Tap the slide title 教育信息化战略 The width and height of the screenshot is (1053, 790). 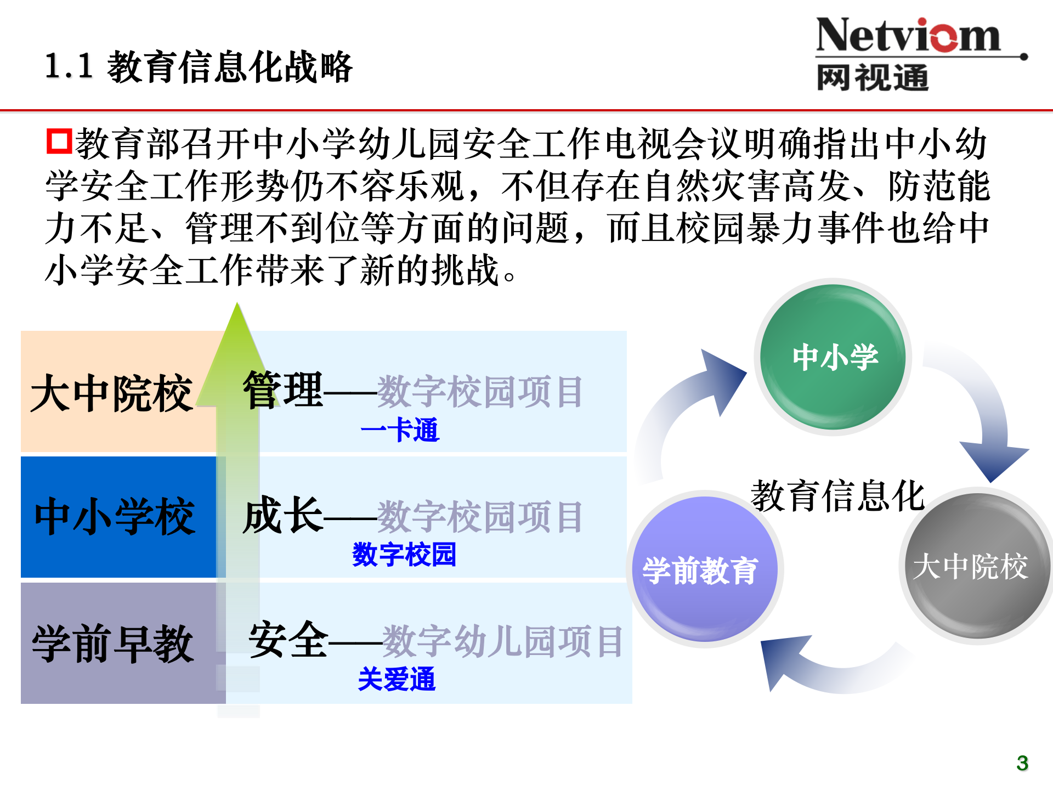tap(229, 67)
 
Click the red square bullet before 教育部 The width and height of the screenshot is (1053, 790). tap(59, 141)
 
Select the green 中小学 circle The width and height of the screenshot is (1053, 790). tap(834, 357)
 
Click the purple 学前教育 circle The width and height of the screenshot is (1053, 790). tap(704, 569)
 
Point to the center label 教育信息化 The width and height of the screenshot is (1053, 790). tap(837, 495)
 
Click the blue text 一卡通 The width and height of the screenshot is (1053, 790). tap(400, 430)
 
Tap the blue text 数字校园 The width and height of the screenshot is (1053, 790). tap(404, 554)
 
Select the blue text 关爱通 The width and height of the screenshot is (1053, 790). tap(397, 679)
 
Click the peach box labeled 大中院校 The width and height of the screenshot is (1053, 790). tap(112, 393)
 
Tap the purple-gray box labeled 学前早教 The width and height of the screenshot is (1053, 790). tap(113, 644)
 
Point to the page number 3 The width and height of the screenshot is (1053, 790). tap(1022, 763)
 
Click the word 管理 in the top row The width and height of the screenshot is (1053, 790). tap(283, 390)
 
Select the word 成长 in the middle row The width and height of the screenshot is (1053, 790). tap(283, 515)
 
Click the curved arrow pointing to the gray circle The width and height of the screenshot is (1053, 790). tap(982, 417)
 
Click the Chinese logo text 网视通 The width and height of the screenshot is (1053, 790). tap(872, 77)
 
